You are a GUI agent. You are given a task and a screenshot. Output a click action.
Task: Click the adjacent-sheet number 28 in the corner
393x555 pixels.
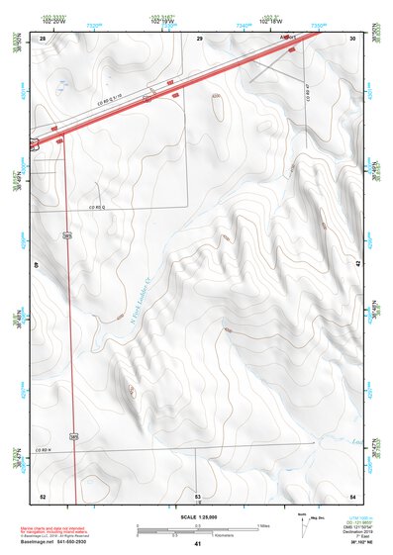pos(43,39)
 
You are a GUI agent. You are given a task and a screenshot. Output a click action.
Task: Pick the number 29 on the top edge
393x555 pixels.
pos(199,39)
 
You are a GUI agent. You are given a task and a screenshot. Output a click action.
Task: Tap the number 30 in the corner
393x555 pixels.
pos(353,39)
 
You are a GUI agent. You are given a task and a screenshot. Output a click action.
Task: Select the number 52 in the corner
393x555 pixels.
pos(42,496)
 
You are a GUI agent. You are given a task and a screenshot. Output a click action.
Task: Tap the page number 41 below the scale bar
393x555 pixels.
pos(197,544)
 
